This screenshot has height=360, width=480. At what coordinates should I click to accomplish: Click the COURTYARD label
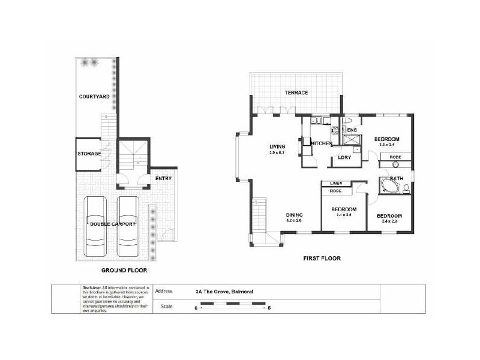coord(92,96)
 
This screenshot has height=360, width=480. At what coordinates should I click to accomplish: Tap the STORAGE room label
coord(89,154)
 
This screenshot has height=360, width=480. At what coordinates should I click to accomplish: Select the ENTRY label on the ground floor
coord(163,179)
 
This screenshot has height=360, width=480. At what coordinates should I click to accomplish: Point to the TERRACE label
coord(296,92)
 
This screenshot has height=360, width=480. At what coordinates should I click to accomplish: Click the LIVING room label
coord(277,146)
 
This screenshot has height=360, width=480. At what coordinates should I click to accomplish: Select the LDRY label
coord(344,157)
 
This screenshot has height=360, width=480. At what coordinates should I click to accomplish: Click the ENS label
coord(352,130)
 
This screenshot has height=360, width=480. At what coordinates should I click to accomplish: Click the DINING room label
coord(293,215)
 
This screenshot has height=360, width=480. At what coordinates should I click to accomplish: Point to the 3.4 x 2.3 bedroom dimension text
coord(389,221)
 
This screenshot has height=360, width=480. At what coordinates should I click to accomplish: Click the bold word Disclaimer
coord(92,288)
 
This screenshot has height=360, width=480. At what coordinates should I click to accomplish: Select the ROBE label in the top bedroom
coord(395,157)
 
